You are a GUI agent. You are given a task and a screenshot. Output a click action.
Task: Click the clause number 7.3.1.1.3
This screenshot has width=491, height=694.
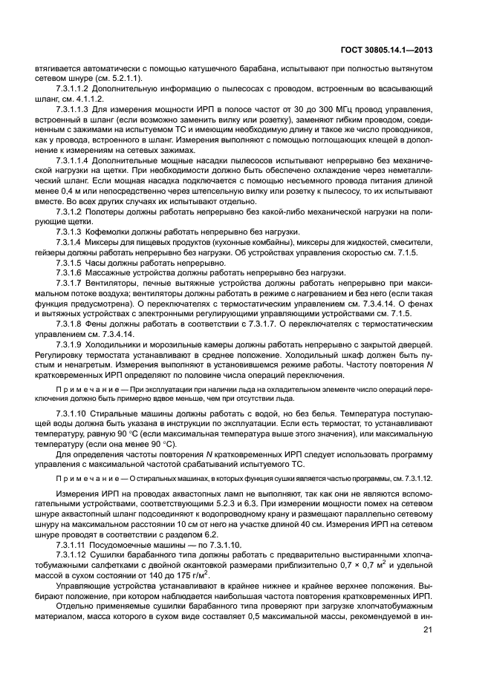click(73, 109)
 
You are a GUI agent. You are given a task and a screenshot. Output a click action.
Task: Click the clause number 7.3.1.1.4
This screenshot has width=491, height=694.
click(73, 160)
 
